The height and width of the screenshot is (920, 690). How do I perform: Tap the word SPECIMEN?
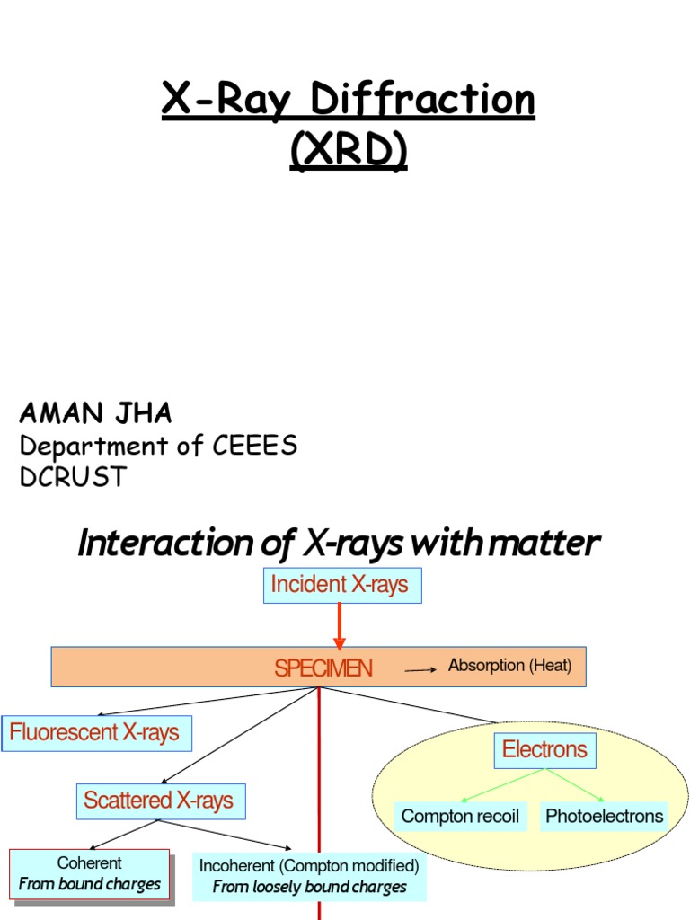[323, 668]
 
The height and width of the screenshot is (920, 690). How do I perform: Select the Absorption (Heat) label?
[510, 666]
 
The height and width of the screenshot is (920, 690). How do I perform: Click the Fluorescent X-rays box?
[95, 733]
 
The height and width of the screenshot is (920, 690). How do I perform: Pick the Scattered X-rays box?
[159, 801]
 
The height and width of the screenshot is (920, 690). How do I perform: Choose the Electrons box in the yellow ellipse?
[544, 750]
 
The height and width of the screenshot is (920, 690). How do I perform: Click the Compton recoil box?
[460, 816]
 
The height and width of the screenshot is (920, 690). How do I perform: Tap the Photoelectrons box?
[604, 816]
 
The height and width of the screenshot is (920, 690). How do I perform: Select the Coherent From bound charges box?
[90, 873]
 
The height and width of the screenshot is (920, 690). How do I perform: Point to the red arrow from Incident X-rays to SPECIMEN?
[340, 625]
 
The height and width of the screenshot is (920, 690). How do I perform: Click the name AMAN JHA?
[95, 414]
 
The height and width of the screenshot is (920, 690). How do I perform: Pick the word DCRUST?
[73, 477]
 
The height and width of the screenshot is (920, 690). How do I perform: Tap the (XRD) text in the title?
[348, 150]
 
